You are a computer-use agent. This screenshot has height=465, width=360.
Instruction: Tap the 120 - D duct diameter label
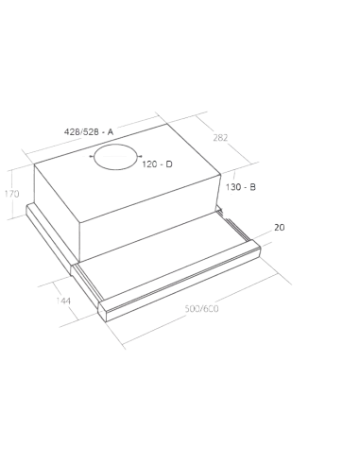click(158, 165)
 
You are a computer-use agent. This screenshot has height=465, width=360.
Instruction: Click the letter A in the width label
click(111, 129)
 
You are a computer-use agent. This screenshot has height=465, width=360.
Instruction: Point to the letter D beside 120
click(169, 165)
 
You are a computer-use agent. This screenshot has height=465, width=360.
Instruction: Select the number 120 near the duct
click(149, 165)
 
